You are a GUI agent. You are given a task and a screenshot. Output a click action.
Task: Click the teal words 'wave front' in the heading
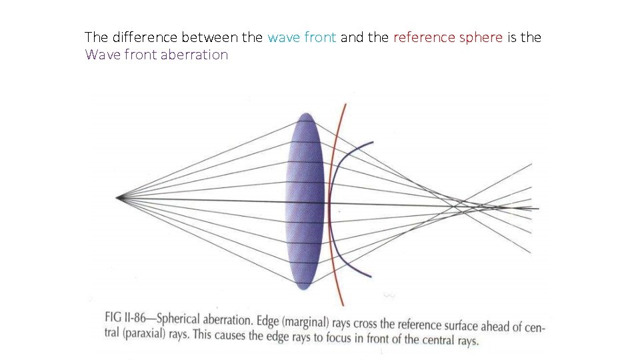(x=301, y=37)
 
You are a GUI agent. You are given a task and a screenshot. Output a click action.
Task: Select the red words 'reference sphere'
(x=448, y=37)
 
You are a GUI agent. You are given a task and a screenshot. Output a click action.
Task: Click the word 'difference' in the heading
(x=142, y=37)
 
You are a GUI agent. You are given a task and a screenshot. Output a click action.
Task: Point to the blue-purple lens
(x=305, y=200)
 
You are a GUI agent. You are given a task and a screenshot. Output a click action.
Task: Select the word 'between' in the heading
(x=205, y=37)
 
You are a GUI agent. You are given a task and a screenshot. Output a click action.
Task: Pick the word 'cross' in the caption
(x=378, y=323)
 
